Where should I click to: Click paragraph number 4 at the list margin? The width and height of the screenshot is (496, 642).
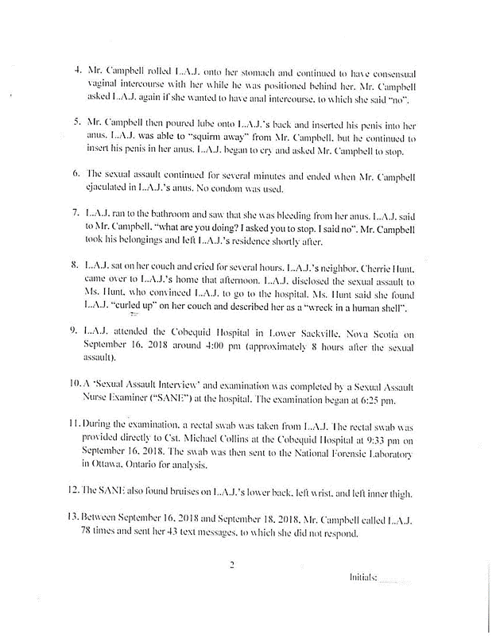coord(76,69)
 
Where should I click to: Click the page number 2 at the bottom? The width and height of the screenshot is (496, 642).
coord(231,567)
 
